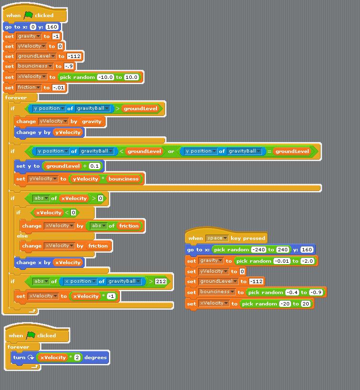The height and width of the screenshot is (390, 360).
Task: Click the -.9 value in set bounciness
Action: (x=68, y=67)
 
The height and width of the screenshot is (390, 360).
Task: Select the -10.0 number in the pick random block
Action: (x=106, y=77)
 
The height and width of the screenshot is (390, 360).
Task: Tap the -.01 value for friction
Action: (x=58, y=88)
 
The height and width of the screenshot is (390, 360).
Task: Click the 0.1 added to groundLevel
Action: (x=94, y=166)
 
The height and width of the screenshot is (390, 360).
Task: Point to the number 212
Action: (x=161, y=282)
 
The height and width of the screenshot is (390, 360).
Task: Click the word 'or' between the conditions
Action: (x=171, y=152)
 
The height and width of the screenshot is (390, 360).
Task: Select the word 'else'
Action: (x=22, y=236)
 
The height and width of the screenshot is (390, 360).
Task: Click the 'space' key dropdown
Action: (x=217, y=238)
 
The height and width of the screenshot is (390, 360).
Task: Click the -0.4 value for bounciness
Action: (x=292, y=293)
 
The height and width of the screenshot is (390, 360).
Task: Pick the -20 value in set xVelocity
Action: (x=285, y=304)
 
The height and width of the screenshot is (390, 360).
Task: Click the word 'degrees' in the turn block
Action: (x=96, y=358)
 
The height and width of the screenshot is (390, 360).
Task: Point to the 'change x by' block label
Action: (x=33, y=263)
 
